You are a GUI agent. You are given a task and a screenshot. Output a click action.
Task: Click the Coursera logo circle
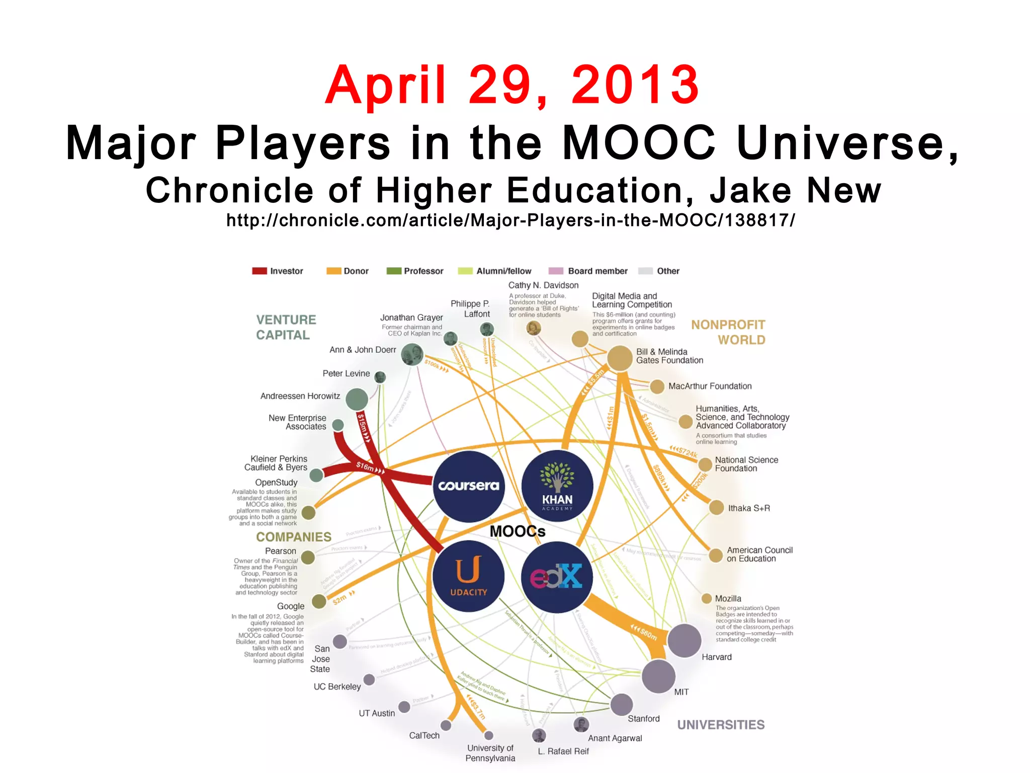tap(469, 486)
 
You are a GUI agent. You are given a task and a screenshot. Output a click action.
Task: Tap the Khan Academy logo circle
tap(557, 486)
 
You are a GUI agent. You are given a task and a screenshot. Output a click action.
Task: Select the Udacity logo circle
tap(469, 576)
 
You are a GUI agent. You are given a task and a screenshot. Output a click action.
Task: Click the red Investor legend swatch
tap(260, 271)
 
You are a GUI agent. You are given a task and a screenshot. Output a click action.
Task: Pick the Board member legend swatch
tap(556, 271)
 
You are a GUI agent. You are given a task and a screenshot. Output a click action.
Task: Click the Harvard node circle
tap(684, 640)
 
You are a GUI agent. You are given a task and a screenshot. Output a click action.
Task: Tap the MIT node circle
tap(658, 676)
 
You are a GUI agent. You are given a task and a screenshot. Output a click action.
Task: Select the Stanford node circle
tap(622, 704)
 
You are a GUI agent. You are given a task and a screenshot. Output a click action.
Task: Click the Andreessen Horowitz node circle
tap(357, 399)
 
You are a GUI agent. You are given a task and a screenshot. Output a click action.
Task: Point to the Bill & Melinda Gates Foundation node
tap(620, 358)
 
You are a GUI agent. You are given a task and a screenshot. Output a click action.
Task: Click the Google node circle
tap(319, 601)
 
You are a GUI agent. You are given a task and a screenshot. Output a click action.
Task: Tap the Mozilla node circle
tap(707, 598)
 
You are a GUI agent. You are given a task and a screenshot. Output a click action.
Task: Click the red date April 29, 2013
tap(512, 85)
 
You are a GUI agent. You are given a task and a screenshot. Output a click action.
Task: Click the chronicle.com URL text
tap(510, 220)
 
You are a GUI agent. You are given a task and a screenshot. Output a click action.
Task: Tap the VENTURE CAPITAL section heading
tap(286, 327)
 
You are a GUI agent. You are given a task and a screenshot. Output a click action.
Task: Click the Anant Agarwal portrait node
tap(581, 725)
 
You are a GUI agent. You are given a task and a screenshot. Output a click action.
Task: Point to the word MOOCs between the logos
tap(518, 531)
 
